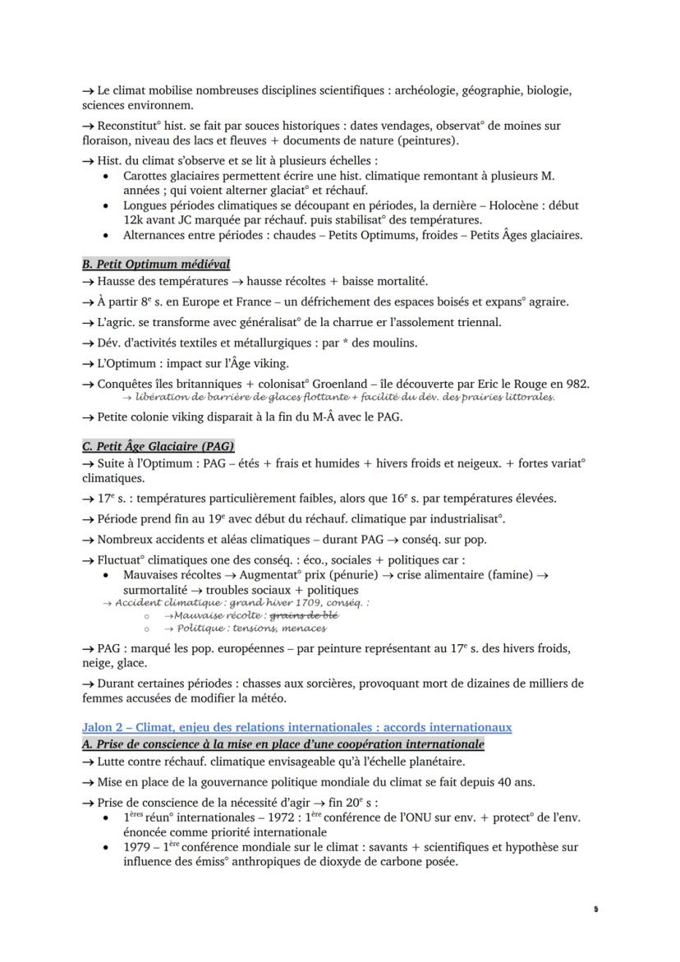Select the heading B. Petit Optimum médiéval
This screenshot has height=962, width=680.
point(156,264)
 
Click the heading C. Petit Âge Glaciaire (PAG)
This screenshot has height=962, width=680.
point(158,446)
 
